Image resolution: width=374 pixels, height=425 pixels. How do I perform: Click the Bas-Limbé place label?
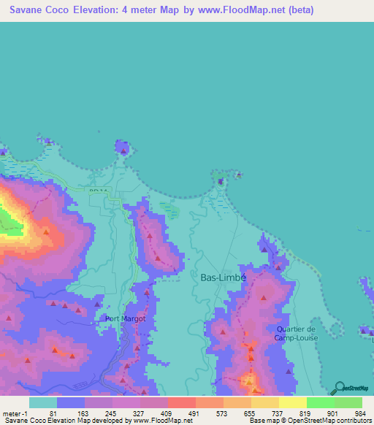click(224, 278)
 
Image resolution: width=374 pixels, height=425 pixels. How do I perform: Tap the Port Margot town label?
click(126, 318)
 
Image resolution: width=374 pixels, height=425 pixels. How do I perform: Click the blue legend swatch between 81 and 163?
click(70, 402)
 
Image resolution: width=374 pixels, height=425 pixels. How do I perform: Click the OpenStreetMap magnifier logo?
click(340, 387)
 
